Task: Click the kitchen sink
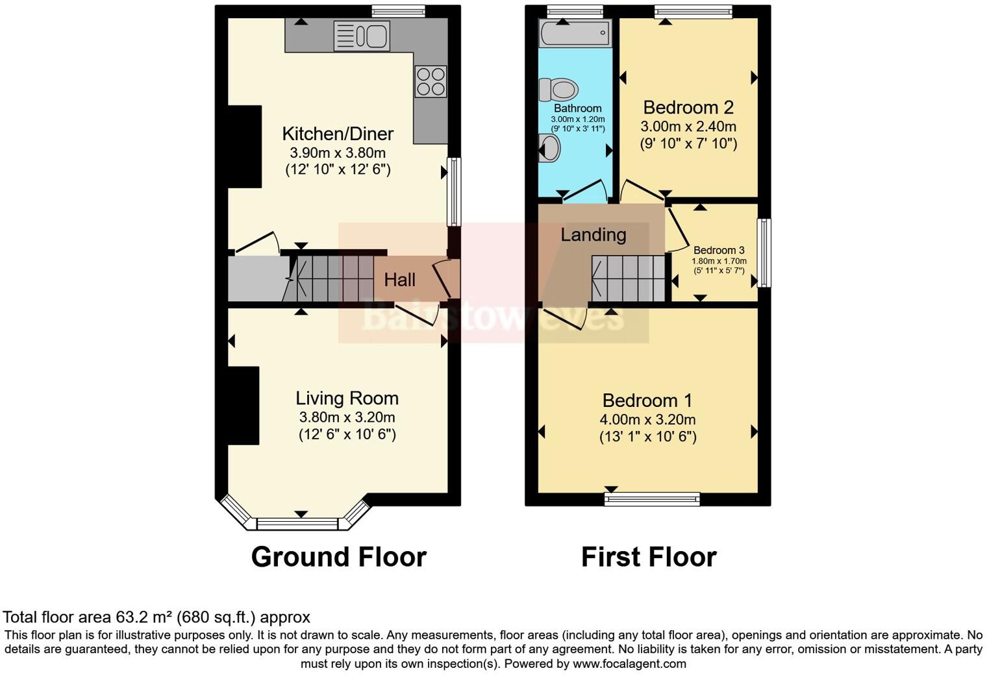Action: point(361,36)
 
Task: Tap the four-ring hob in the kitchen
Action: point(431,82)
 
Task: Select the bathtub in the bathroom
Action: point(575,32)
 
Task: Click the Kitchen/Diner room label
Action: point(338,134)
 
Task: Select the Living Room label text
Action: point(347,398)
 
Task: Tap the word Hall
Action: point(399,280)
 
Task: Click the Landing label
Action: point(593,235)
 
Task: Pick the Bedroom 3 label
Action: point(719,250)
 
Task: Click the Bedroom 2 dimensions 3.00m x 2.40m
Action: point(688,127)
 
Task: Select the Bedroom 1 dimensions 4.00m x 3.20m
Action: point(647,419)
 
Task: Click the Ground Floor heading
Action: point(338,557)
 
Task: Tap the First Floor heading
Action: point(648,557)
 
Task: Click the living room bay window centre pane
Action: point(298,523)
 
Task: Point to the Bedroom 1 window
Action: point(651,498)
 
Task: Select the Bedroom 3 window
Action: point(765,252)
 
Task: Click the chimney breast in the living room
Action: point(244,406)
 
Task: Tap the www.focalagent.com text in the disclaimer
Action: point(629,664)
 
